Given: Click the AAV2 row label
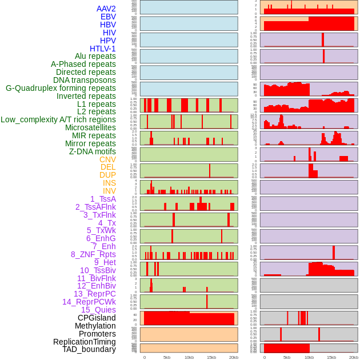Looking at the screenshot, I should [x=106, y=9].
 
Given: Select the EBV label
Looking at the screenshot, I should [x=108, y=17].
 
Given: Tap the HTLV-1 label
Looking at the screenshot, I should [x=102, y=49].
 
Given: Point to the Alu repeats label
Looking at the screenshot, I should [x=95, y=56].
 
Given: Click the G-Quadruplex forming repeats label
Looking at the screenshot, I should [x=61, y=88].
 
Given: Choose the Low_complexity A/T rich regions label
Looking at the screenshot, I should [x=58, y=119].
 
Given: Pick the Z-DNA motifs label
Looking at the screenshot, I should [x=92, y=151].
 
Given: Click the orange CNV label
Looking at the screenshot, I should [x=107, y=159].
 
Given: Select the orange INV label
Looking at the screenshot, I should [x=109, y=191].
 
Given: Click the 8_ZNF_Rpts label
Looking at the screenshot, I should [x=93, y=254].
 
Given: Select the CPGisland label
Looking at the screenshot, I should [x=97, y=318].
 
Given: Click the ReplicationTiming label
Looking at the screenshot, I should [x=84, y=342].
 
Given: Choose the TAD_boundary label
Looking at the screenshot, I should [x=89, y=349].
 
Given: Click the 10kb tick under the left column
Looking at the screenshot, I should [x=189, y=357].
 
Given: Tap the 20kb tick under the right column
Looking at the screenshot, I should [x=354, y=357].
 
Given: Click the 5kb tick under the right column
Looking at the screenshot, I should [x=287, y=357].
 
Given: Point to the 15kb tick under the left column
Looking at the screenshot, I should [x=211, y=357].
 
